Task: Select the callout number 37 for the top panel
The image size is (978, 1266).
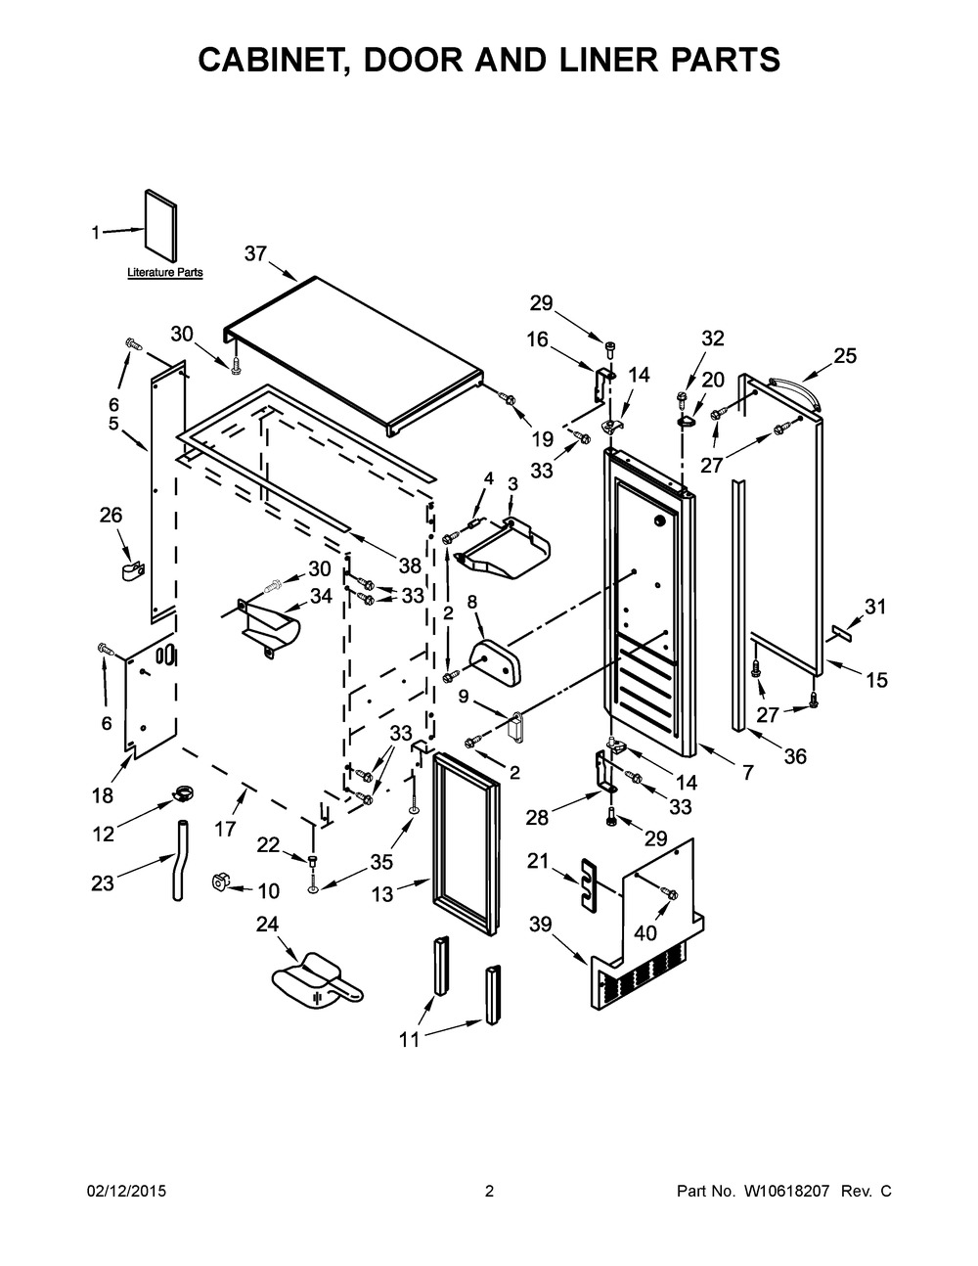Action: point(255,253)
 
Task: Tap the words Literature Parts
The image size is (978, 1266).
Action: point(165,273)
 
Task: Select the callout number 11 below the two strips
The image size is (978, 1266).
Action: point(409,1039)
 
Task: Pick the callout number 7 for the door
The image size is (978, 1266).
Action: point(747,773)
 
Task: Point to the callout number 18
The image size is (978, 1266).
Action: point(103,796)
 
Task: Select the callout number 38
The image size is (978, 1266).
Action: point(409,565)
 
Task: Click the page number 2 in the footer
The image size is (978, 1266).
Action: point(489,1192)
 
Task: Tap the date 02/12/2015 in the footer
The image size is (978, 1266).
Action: point(126,1192)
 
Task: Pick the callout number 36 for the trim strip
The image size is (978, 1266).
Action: point(795,755)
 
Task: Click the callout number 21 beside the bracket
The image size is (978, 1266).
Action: point(537,860)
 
